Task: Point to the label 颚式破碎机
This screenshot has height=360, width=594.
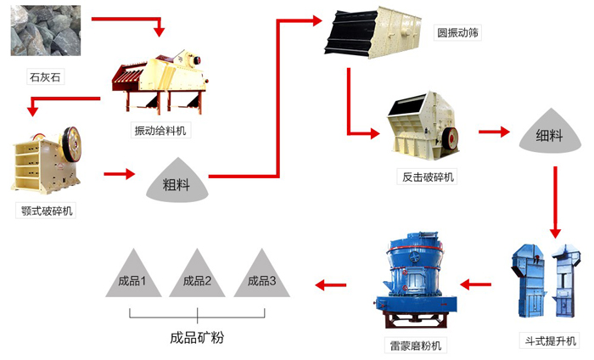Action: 48,211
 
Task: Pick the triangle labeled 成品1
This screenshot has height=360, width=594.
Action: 133,276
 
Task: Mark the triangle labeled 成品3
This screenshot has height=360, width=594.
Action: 261,276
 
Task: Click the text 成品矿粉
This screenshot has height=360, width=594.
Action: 197,337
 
